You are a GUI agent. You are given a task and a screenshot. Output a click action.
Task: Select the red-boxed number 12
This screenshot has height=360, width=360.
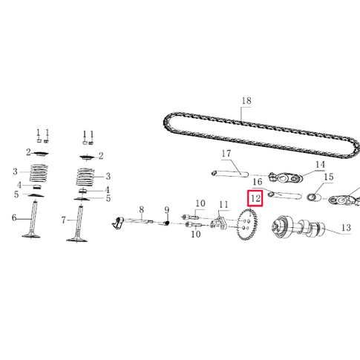pos(255,199)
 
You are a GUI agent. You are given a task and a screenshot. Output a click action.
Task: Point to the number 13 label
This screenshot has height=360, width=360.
pos(346,229)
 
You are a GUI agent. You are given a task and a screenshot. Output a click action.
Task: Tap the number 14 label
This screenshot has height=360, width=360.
pos(320,165)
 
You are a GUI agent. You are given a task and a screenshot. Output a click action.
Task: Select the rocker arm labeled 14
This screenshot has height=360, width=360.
pos(285,179)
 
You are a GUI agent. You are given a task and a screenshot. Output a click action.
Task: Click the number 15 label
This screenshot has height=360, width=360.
pos(328,177)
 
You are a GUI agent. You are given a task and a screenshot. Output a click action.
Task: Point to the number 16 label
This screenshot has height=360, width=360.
pos(258,181)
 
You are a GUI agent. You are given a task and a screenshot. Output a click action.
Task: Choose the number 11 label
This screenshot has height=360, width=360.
pos(223,205)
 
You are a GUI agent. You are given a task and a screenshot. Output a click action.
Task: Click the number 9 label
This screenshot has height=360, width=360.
pos(167,210)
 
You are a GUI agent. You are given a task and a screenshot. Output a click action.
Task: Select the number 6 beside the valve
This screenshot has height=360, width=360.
pos(13,218)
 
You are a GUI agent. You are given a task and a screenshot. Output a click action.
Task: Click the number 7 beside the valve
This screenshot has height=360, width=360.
pos(64,220)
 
